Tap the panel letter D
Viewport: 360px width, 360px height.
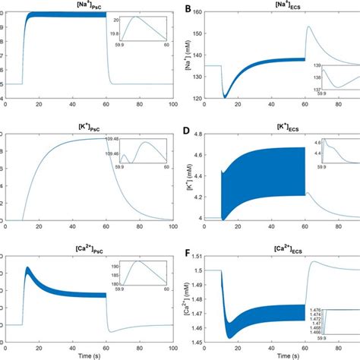click(x=189, y=130)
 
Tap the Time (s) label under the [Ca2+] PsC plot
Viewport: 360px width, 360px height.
click(x=91, y=355)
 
